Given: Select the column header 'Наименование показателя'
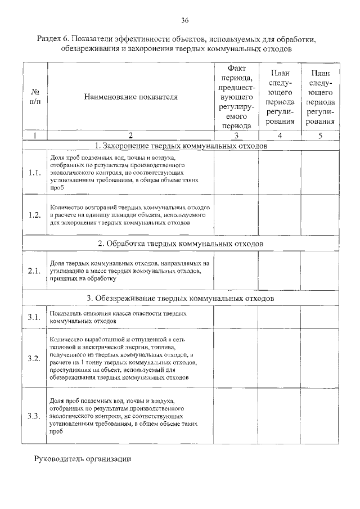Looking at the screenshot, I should click(x=130, y=97).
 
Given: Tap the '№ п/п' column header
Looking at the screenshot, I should click(x=35, y=97).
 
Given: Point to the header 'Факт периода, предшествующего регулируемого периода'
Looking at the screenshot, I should click(x=236, y=97).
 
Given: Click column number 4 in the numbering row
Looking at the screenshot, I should click(x=280, y=136).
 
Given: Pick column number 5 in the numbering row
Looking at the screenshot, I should click(x=321, y=136).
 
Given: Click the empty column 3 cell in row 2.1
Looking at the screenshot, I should click(x=236, y=271).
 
